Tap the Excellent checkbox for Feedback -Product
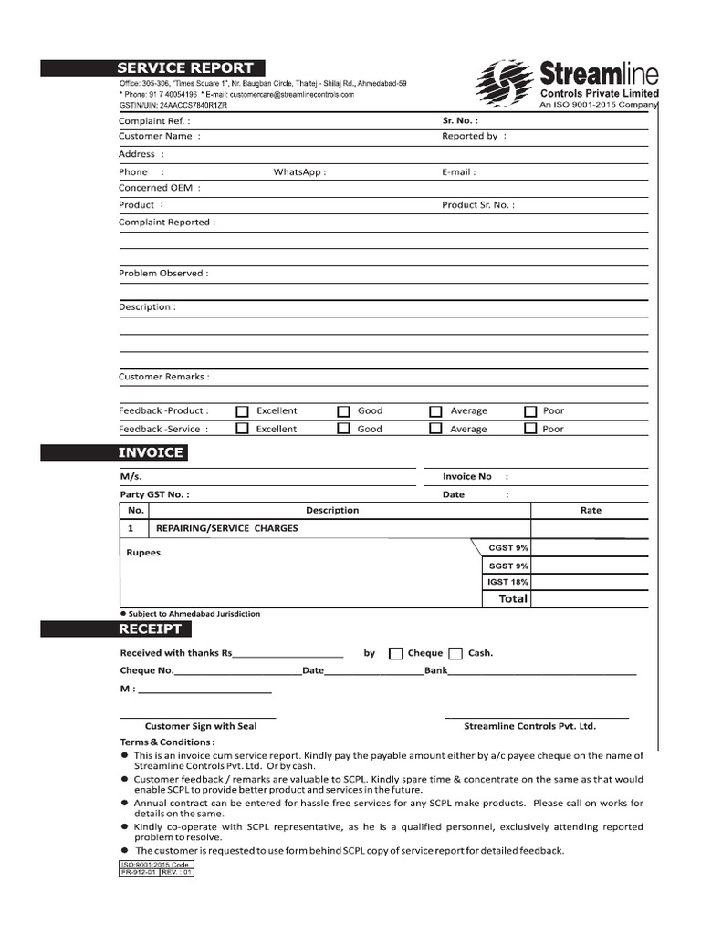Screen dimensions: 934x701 242,411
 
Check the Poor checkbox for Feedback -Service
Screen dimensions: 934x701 530,429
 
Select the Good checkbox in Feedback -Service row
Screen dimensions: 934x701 344,429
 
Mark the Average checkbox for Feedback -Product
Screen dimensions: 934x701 436,411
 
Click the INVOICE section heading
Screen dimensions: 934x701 151,453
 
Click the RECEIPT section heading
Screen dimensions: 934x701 151,629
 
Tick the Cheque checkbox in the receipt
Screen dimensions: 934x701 396,653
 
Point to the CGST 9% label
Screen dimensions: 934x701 508,548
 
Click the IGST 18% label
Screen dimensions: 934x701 507,582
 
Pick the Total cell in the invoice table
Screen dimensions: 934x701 512,599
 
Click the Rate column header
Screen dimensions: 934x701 591,511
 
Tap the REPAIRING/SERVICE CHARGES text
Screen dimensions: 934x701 227,528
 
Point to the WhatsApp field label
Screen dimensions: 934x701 299,171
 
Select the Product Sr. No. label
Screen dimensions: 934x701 477,205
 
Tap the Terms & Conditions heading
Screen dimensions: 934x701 164,742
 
